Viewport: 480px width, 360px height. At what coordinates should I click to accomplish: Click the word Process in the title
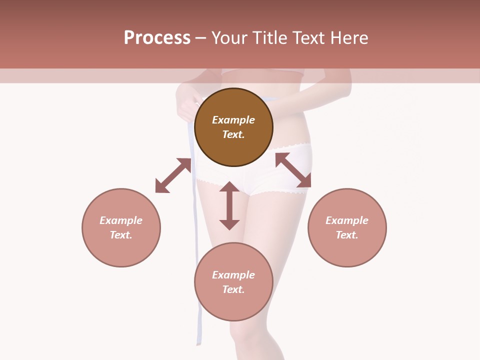pos(157,38)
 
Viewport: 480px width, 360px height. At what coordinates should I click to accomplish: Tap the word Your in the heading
pos(229,38)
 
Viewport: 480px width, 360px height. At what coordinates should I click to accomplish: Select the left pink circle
pos(121,250)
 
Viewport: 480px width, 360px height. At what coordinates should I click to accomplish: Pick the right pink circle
pos(347,250)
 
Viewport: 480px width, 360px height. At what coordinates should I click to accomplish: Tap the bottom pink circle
pos(233,305)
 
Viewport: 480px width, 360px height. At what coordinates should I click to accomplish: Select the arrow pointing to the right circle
pos(293,170)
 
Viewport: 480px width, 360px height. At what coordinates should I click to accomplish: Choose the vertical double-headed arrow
pos(229,205)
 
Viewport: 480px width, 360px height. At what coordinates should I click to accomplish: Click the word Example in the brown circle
pos(233,120)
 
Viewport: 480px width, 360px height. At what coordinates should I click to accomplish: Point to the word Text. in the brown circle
pos(233,134)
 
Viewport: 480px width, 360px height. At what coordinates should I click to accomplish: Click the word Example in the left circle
pos(121,220)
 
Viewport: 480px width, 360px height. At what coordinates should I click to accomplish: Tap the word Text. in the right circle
pos(347,235)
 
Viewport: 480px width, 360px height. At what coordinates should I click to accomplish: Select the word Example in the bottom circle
pos(233,275)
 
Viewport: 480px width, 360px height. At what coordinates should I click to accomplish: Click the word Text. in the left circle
pos(121,235)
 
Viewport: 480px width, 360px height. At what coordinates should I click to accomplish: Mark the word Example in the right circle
pos(347,220)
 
